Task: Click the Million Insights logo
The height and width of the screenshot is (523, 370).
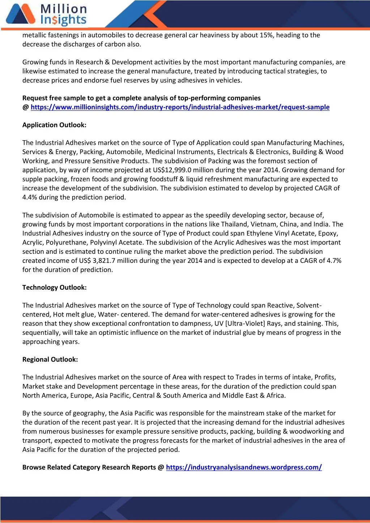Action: click(46, 15)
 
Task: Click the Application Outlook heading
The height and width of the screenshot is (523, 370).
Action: click(54, 125)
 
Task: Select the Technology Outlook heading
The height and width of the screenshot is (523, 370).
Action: click(54, 288)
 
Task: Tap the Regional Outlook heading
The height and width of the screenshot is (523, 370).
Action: click(50, 359)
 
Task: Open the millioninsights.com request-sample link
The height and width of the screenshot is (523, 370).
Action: click(180, 107)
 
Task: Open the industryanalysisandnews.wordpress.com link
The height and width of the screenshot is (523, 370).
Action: click(243, 467)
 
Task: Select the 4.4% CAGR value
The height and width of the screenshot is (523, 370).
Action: click(30, 197)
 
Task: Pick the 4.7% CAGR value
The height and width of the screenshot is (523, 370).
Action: click(334, 261)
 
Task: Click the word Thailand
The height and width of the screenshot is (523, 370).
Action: click(235, 224)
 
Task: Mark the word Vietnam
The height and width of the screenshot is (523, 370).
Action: click(265, 224)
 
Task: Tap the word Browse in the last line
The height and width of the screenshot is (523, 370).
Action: click(34, 467)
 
